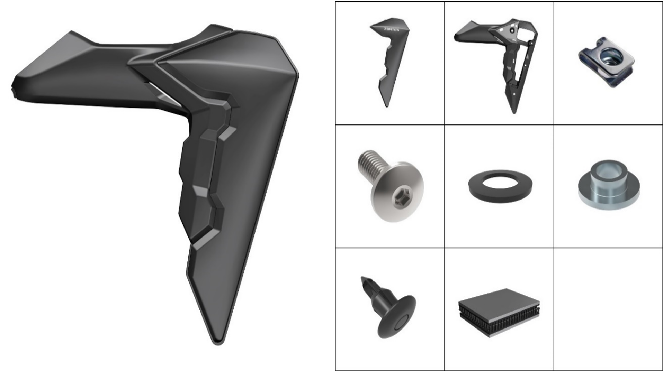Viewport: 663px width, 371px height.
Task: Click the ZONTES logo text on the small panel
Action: click(x=391, y=29)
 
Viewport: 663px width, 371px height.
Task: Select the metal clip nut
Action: click(x=606, y=62)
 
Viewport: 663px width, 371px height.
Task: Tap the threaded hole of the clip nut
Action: click(x=609, y=55)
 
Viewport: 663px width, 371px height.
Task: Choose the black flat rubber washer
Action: click(x=500, y=185)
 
